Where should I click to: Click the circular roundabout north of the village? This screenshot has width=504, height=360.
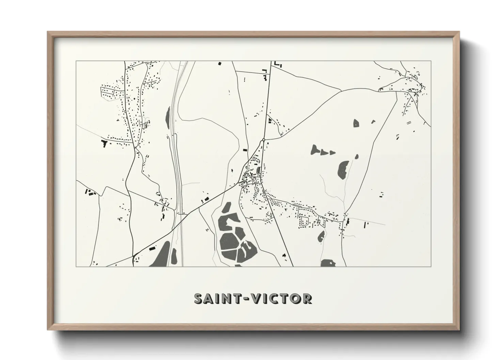(x=264, y=140)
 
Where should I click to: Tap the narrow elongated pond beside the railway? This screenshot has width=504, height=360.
(x=168, y=117)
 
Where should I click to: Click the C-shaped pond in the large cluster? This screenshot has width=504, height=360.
(x=229, y=223)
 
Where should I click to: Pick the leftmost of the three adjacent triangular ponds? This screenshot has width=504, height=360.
(x=314, y=149)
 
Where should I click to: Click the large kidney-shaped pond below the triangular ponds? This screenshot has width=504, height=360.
(x=342, y=169)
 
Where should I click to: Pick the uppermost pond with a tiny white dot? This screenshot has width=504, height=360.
(x=356, y=123)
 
